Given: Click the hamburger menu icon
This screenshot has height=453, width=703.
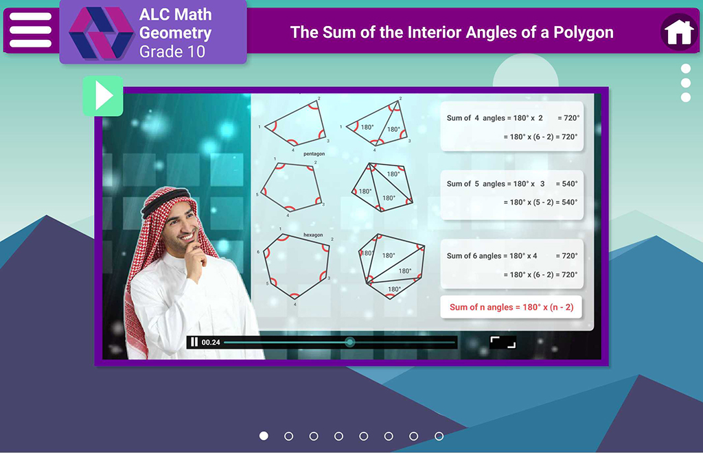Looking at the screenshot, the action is pyautogui.click(x=30, y=30).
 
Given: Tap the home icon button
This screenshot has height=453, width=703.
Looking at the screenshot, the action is pyautogui.click(x=679, y=32).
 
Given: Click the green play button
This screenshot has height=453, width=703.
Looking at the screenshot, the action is pyautogui.click(x=103, y=96).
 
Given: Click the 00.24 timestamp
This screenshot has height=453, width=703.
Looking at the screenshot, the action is pyautogui.click(x=211, y=342).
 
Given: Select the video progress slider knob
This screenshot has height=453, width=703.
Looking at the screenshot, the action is pyautogui.click(x=349, y=342).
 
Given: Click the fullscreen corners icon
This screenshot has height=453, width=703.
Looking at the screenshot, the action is pyautogui.click(x=503, y=342).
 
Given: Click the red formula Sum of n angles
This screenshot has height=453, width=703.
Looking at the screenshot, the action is pyautogui.click(x=511, y=307).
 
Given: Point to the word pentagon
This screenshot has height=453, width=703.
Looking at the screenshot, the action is pyautogui.click(x=314, y=154).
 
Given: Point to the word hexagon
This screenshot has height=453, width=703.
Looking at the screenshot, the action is pyautogui.click(x=313, y=235).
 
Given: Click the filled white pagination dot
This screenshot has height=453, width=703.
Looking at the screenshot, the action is pyautogui.click(x=264, y=436).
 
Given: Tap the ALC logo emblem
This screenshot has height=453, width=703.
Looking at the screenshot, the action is pyautogui.click(x=102, y=33).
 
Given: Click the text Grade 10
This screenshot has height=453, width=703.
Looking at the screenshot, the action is pyautogui.click(x=172, y=52).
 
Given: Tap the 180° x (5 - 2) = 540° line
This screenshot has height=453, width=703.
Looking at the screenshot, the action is pyautogui.click(x=540, y=202).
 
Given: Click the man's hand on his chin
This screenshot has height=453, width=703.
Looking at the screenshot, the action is pyautogui.click(x=196, y=259).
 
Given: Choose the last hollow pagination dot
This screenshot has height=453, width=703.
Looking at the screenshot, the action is pyautogui.click(x=439, y=436).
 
